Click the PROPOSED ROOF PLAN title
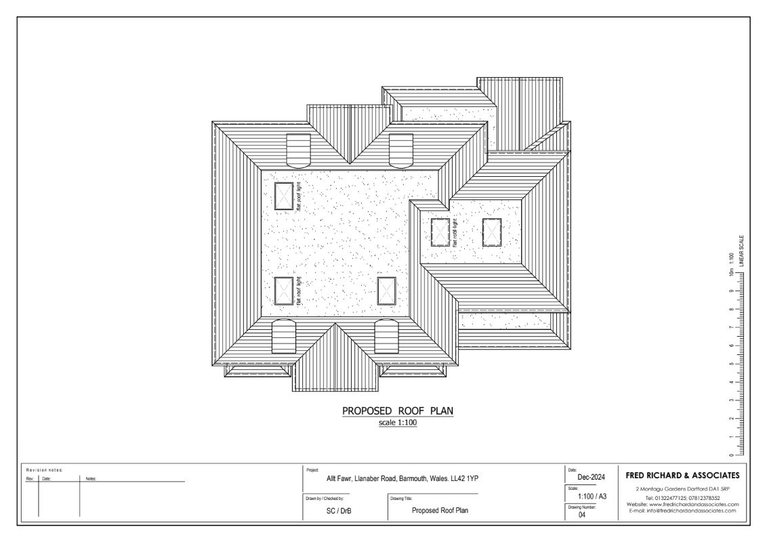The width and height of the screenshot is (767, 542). pos(397,411)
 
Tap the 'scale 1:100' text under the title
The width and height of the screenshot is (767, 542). pos(398,423)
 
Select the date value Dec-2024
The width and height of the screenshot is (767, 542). pos(582,477)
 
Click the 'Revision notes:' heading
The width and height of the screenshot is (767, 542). pos(44,470)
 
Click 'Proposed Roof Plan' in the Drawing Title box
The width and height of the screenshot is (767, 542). pos(440,511)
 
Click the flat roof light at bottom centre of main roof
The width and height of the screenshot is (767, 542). pos(386,291)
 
